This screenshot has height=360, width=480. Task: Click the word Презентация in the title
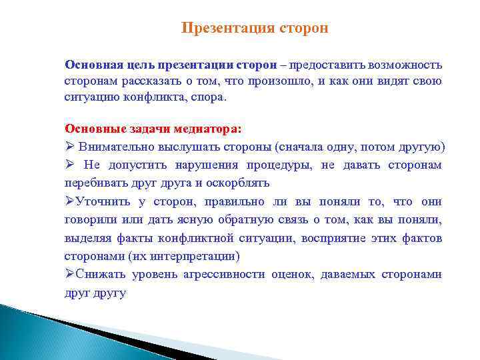pos(219,29)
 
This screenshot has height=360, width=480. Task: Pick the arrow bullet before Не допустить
pos(69,165)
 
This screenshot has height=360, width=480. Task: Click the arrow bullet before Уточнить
pos(69,201)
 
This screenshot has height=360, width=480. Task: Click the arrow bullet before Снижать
pos(69,274)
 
